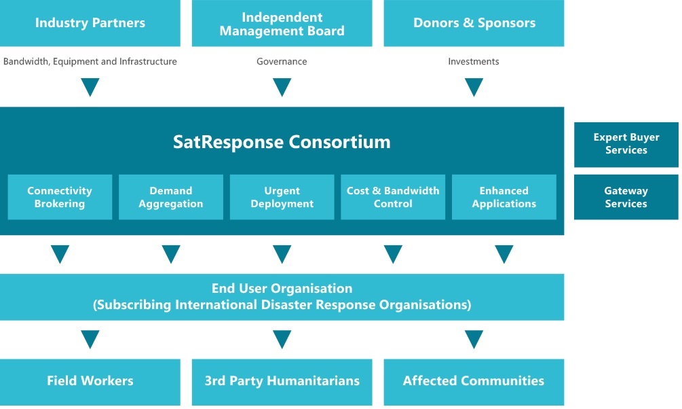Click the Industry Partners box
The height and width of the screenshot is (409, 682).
point(90,23)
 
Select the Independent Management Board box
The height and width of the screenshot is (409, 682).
point(282,23)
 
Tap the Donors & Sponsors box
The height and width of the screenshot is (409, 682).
point(474,23)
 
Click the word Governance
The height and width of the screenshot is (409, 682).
point(282,61)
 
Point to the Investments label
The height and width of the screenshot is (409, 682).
point(474,61)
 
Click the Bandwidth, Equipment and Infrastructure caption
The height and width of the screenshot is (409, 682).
point(90,61)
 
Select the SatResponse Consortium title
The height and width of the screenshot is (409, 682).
point(282,142)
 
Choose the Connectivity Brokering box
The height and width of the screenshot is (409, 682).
point(60,197)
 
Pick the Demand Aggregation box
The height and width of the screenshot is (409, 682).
point(171,197)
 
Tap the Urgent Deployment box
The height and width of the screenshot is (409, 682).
point(282,197)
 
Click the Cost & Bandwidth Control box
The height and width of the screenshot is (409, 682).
point(393,197)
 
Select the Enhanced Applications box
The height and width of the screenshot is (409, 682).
point(504,197)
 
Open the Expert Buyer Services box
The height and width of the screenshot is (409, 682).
point(626,145)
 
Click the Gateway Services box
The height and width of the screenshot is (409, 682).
point(626,197)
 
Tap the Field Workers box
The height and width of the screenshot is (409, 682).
point(90,382)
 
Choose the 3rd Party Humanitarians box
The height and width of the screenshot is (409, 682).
point(282,382)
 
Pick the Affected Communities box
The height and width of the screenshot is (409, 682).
point(474,382)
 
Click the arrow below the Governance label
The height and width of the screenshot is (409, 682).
point(282,87)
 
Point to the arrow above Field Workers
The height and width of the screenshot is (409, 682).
point(90,339)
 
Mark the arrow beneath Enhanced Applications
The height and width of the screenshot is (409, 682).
point(504,254)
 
